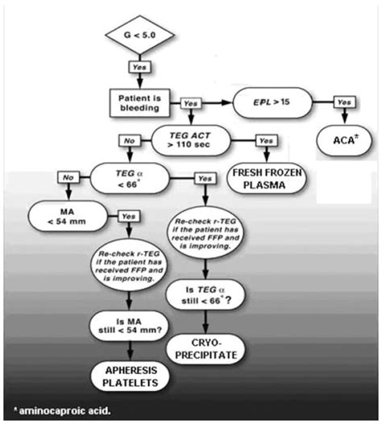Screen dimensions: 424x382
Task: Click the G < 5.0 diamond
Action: point(138,37)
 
